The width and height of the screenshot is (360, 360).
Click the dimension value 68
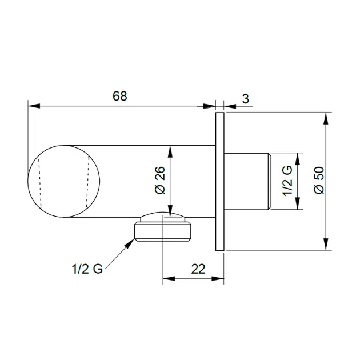tap(119, 96)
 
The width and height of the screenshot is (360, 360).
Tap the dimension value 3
tap(246, 99)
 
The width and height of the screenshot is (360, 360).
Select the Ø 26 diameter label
tap(160, 180)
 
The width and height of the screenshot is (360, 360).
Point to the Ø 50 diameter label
tap(319, 180)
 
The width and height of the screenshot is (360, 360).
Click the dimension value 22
tap(198, 269)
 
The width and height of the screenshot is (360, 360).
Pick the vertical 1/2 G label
tap(287, 181)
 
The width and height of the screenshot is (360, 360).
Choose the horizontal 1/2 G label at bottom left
tap(87, 269)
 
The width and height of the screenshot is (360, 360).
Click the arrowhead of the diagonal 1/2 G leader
tap(130, 243)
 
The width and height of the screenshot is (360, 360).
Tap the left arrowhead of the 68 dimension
tap(34, 106)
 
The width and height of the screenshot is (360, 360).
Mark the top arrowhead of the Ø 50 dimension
tap(326, 118)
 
